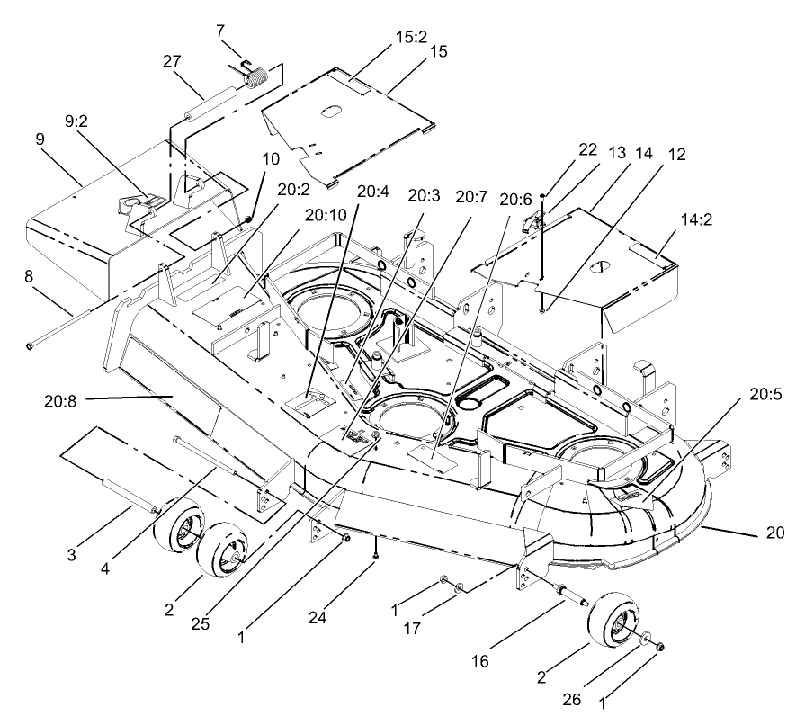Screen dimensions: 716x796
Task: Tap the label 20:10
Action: pyautogui.click(x=321, y=215)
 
